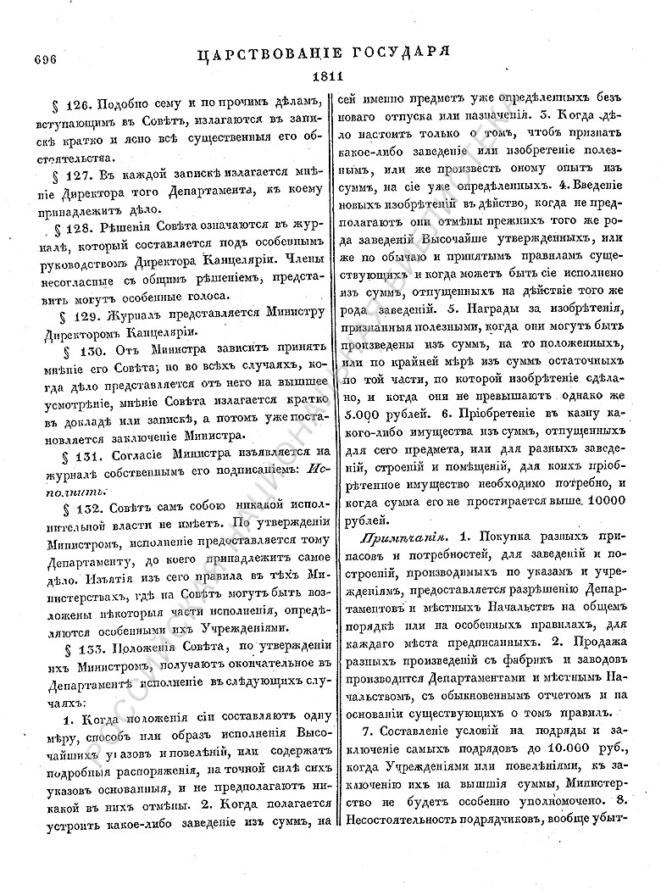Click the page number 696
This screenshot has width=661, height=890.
point(43,59)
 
